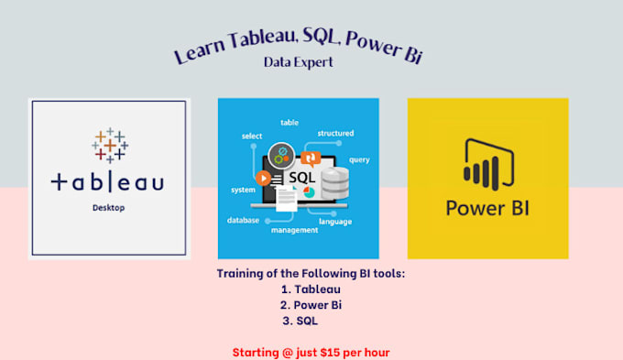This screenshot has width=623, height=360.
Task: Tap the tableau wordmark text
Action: (108, 182)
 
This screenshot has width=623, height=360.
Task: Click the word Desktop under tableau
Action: (108, 208)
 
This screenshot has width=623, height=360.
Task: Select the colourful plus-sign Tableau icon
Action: (109, 146)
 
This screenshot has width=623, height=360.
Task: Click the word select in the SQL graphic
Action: (252, 136)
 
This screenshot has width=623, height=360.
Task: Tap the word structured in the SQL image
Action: (335, 133)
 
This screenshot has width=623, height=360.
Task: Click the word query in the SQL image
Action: (359, 158)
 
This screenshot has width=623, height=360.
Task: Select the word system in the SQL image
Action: (244, 190)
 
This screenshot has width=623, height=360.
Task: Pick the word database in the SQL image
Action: (243, 220)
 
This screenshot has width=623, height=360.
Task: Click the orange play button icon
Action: (264, 178)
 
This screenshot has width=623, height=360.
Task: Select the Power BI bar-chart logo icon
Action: (487, 163)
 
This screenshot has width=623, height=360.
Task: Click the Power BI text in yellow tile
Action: (487, 208)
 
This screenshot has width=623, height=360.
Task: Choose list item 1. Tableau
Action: (311, 289)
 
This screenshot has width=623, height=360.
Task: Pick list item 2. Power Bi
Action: (311, 304)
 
